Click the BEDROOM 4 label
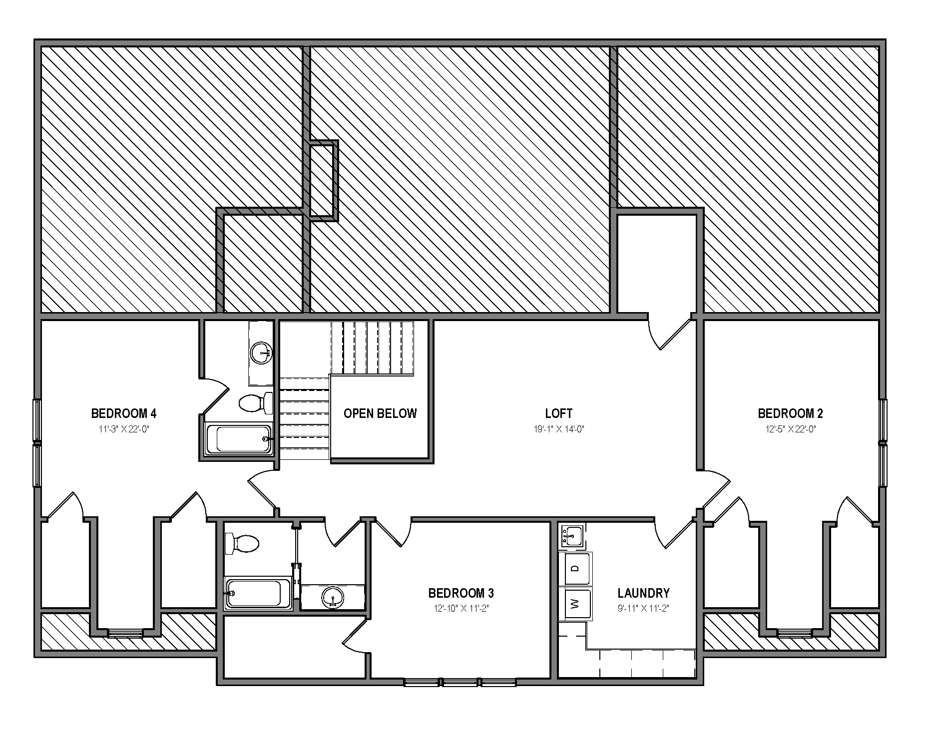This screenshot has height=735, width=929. [123, 413]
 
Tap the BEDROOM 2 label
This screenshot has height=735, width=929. [790, 413]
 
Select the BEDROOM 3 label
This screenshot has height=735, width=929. [461, 593]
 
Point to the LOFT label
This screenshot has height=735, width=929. [559, 413]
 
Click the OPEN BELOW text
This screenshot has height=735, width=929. [380, 413]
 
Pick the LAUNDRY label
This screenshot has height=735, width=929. [643, 593]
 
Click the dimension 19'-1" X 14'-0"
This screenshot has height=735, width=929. [559, 429]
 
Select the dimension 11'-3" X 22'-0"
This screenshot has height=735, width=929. [124, 429]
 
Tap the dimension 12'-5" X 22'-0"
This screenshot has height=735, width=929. [790, 429]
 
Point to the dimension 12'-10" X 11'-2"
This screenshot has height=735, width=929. [461, 609]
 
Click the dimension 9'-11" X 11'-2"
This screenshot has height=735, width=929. [643, 609]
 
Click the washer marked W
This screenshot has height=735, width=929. [575, 604]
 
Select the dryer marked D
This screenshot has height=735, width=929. [575, 568]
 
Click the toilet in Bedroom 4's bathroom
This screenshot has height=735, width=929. [256, 403]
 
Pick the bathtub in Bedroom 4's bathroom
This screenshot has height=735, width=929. [239, 439]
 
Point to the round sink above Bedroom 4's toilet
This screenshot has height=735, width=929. [260, 353]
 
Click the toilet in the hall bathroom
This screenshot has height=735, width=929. [242, 543]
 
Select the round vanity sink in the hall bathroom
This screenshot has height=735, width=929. [332, 597]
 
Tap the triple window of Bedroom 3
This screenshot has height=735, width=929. [460, 682]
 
